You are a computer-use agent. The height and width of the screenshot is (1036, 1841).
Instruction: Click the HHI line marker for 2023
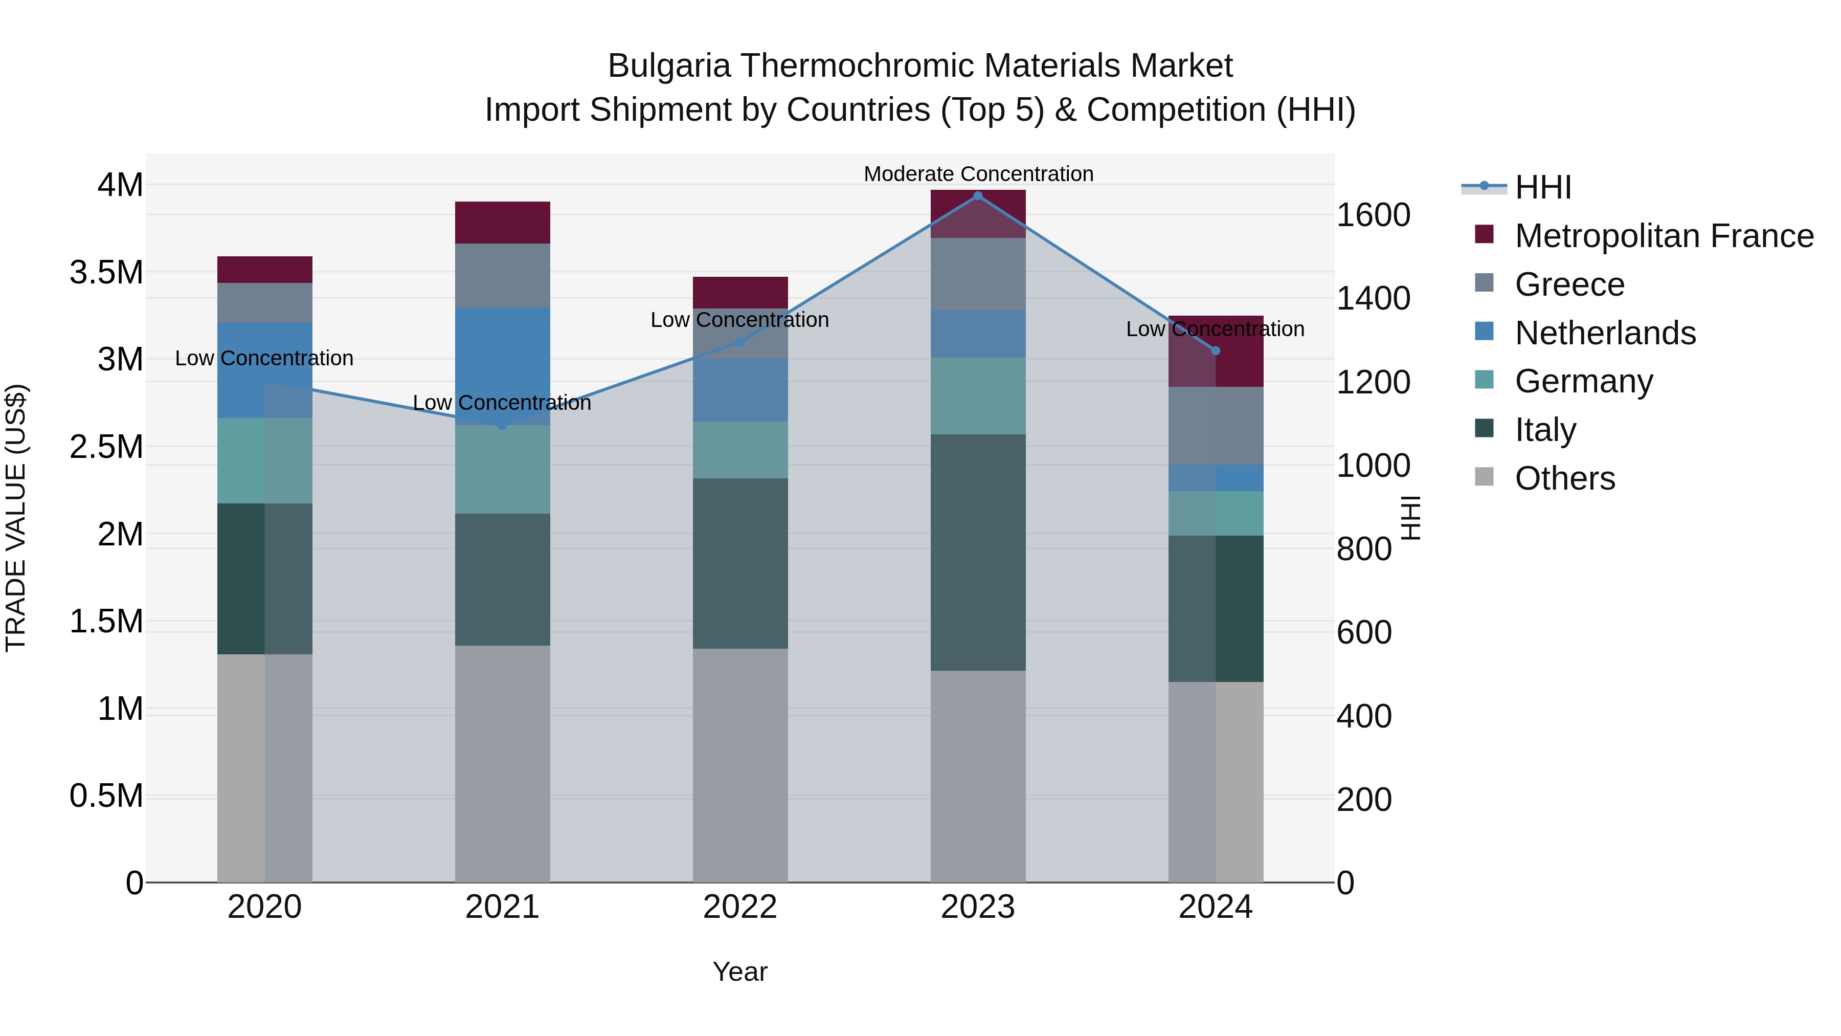tap(978, 196)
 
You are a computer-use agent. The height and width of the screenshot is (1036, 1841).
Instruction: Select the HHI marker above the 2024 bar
tap(1216, 350)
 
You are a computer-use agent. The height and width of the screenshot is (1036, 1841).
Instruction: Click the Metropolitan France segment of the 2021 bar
tap(502, 223)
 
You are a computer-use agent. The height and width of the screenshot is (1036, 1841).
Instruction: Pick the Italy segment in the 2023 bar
tap(978, 552)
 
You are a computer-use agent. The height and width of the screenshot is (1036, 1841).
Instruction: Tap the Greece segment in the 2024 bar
tap(1216, 426)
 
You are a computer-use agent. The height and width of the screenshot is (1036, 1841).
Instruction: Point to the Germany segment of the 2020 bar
tap(264, 460)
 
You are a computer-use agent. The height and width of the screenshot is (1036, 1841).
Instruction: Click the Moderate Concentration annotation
tap(978, 174)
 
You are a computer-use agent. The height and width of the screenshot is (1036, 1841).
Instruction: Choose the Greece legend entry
tap(1569, 284)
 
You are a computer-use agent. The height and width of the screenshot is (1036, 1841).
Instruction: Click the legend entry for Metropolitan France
tap(1664, 236)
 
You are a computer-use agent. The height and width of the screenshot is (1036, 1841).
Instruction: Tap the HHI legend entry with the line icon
tap(1542, 187)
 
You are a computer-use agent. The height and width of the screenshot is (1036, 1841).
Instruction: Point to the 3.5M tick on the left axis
tap(106, 272)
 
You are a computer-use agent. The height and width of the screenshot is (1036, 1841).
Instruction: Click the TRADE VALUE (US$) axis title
tap(16, 518)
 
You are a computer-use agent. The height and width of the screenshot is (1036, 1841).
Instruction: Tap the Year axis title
tap(739, 972)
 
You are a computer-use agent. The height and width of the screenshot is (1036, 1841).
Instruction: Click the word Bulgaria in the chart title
tap(669, 66)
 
